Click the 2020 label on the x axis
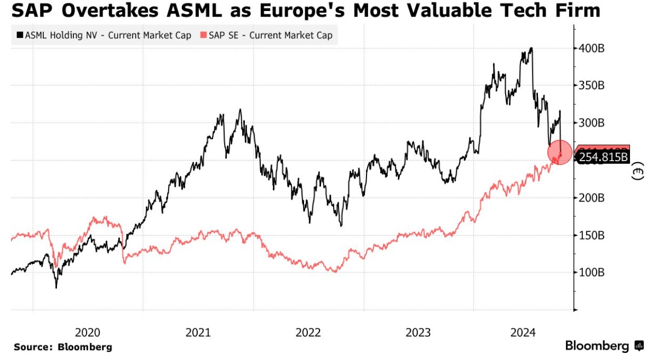click(x=87, y=332)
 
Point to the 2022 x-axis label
click(x=308, y=332)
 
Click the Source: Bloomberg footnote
click(x=63, y=347)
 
